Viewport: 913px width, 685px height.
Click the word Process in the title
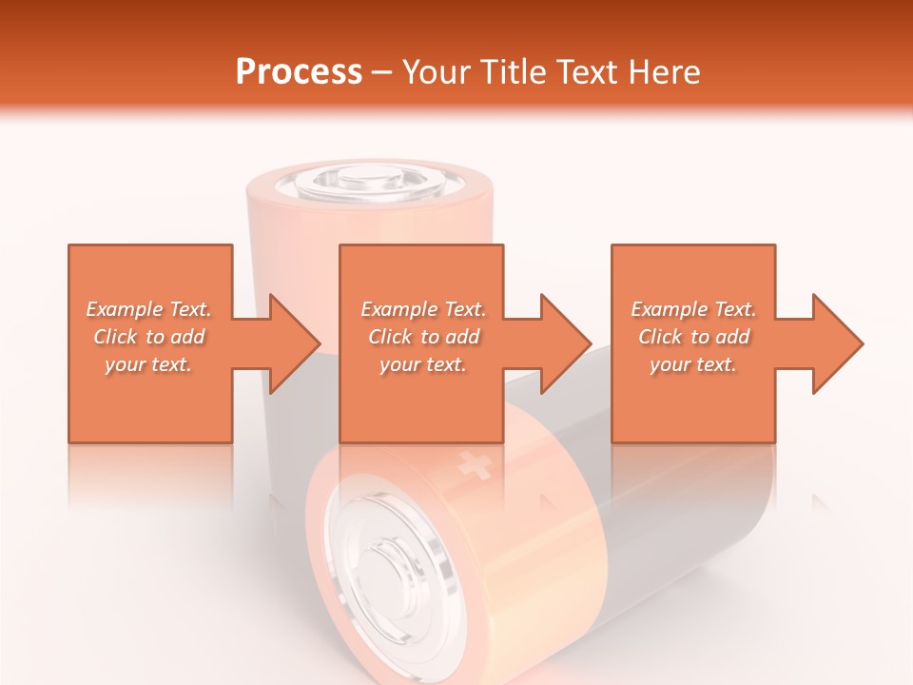(299, 72)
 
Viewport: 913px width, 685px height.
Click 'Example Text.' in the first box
(149, 309)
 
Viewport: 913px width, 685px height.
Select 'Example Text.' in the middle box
(423, 309)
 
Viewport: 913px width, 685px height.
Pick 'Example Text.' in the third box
(693, 309)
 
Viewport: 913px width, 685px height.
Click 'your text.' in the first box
(149, 364)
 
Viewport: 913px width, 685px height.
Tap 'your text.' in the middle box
(423, 364)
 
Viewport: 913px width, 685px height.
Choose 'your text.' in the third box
(693, 364)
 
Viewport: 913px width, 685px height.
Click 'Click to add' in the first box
(149, 337)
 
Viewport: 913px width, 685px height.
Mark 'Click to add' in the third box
(693, 337)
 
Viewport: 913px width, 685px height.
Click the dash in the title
(381, 72)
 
